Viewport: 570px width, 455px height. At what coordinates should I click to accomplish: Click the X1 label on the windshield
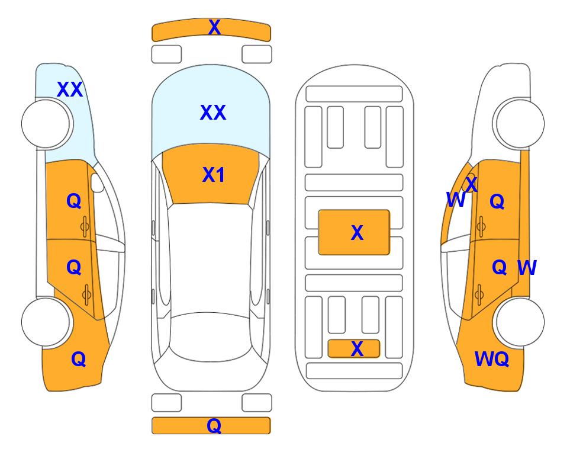pyautogui.click(x=214, y=175)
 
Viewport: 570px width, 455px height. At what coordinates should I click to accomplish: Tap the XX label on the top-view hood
pyautogui.click(x=213, y=113)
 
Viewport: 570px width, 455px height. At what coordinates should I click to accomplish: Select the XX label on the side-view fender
pyautogui.click(x=70, y=89)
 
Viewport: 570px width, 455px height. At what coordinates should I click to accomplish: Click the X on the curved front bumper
pyautogui.click(x=214, y=27)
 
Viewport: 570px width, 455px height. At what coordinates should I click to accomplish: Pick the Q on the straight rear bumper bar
pyautogui.click(x=214, y=425)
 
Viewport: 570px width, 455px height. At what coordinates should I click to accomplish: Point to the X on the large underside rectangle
pyautogui.click(x=357, y=233)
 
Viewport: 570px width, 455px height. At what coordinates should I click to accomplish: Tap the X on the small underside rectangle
pyautogui.click(x=357, y=349)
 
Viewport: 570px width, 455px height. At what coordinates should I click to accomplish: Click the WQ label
pyautogui.click(x=492, y=359)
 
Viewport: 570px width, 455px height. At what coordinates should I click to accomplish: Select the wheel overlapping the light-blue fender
pyautogui.click(x=46, y=124)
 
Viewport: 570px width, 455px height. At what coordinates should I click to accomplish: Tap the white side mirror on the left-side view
pyautogui.click(x=97, y=182)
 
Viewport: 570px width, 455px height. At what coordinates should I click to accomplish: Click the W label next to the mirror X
pyautogui.click(x=456, y=200)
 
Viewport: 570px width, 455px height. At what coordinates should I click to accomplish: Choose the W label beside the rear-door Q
pyautogui.click(x=527, y=268)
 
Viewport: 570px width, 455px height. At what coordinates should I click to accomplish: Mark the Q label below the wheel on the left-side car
pyautogui.click(x=79, y=359)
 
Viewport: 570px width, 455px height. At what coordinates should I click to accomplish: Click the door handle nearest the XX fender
pyautogui.click(x=85, y=226)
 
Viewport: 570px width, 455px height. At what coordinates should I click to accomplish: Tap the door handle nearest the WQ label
pyautogui.click(x=479, y=294)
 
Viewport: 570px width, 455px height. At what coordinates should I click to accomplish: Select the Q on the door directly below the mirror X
pyautogui.click(x=497, y=201)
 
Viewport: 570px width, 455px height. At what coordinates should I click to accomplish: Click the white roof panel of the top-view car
pyautogui.click(x=210, y=259)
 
